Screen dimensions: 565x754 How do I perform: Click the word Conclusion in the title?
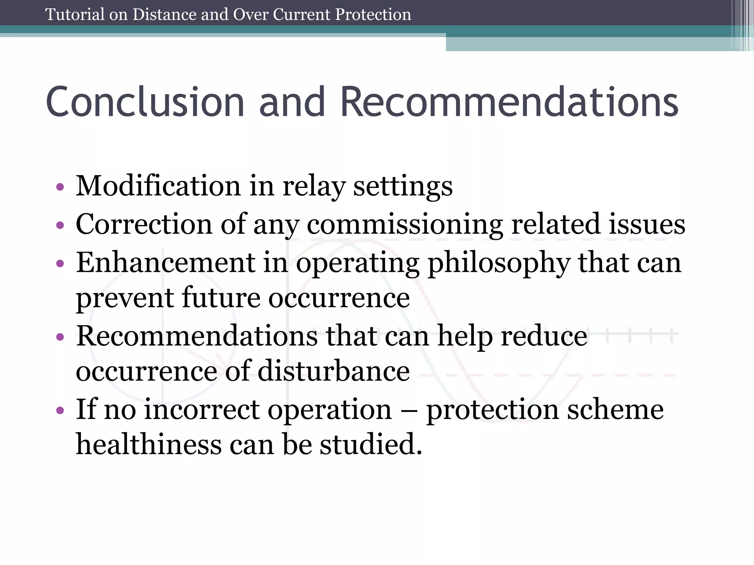click(x=145, y=102)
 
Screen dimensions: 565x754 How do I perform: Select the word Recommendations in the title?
click(x=509, y=102)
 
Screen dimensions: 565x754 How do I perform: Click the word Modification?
click(x=158, y=186)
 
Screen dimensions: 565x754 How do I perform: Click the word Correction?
click(x=144, y=224)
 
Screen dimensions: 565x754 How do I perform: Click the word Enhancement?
click(x=166, y=263)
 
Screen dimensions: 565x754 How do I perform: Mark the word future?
click(x=221, y=298)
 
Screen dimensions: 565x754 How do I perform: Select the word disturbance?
click(x=334, y=371)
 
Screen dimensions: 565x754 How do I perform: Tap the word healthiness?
click(x=149, y=444)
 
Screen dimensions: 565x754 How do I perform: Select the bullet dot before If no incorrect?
click(x=60, y=411)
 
